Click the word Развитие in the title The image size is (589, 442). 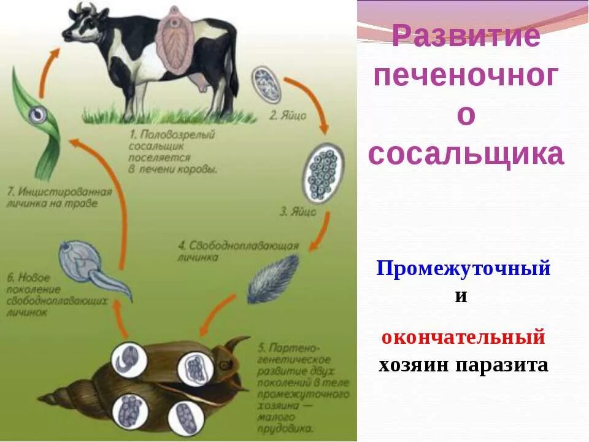point(466,37)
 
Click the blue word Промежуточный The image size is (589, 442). point(463,268)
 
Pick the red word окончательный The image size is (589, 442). point(463,337)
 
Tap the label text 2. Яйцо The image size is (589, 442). point(285,114)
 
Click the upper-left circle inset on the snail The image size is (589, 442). point(129,359)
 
